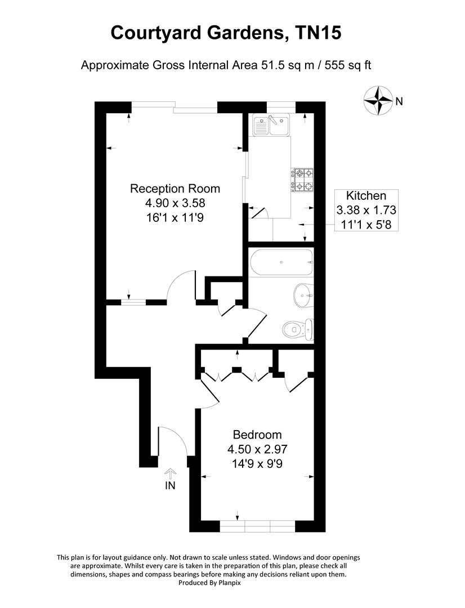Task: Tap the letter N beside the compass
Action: [399, 102]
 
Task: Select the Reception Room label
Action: [175, 189]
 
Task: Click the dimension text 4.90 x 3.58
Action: [175, 203]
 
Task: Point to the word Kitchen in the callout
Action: [366, 196]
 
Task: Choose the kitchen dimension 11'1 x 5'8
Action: [366, 224]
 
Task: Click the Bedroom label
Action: [257, 435]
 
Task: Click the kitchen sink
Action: [271, 126]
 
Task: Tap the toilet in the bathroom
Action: [296, 329]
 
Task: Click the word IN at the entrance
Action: [170, 486]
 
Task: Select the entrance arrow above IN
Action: [170, 473]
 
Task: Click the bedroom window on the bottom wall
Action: [257, 526]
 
